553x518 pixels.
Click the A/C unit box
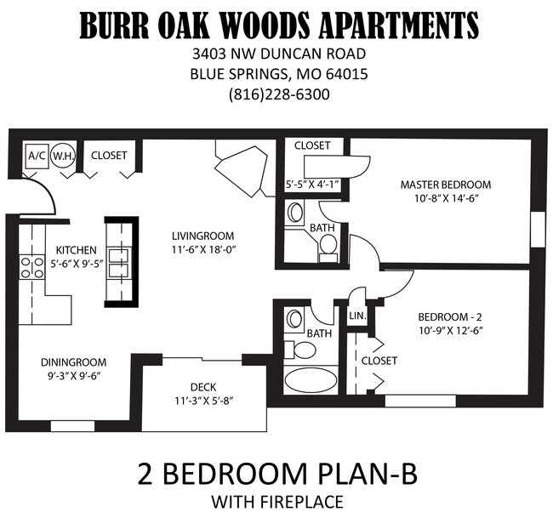37,157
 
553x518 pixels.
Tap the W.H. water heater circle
61,157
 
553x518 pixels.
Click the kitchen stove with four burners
31,268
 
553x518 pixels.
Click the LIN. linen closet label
356,316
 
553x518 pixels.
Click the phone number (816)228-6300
279,94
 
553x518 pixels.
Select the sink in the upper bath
296,212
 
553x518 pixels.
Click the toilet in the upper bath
328,245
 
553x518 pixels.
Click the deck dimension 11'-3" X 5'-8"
204,401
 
